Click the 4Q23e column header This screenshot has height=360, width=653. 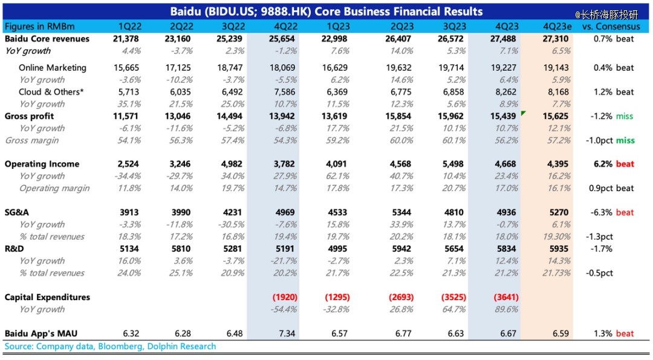click(x=556, y=27)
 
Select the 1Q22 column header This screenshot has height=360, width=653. click(x=130, y=27)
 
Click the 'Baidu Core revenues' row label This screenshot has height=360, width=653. click(x=47, y=39)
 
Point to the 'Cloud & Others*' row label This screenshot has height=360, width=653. click(x=50, y=92)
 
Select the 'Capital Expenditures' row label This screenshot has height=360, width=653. click(x=47, y=297)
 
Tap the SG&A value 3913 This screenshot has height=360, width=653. click(x=128, y=212)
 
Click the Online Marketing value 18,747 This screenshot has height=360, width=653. click(x=231, y=68)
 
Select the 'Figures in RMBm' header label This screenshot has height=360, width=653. click(x=37, y=27)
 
